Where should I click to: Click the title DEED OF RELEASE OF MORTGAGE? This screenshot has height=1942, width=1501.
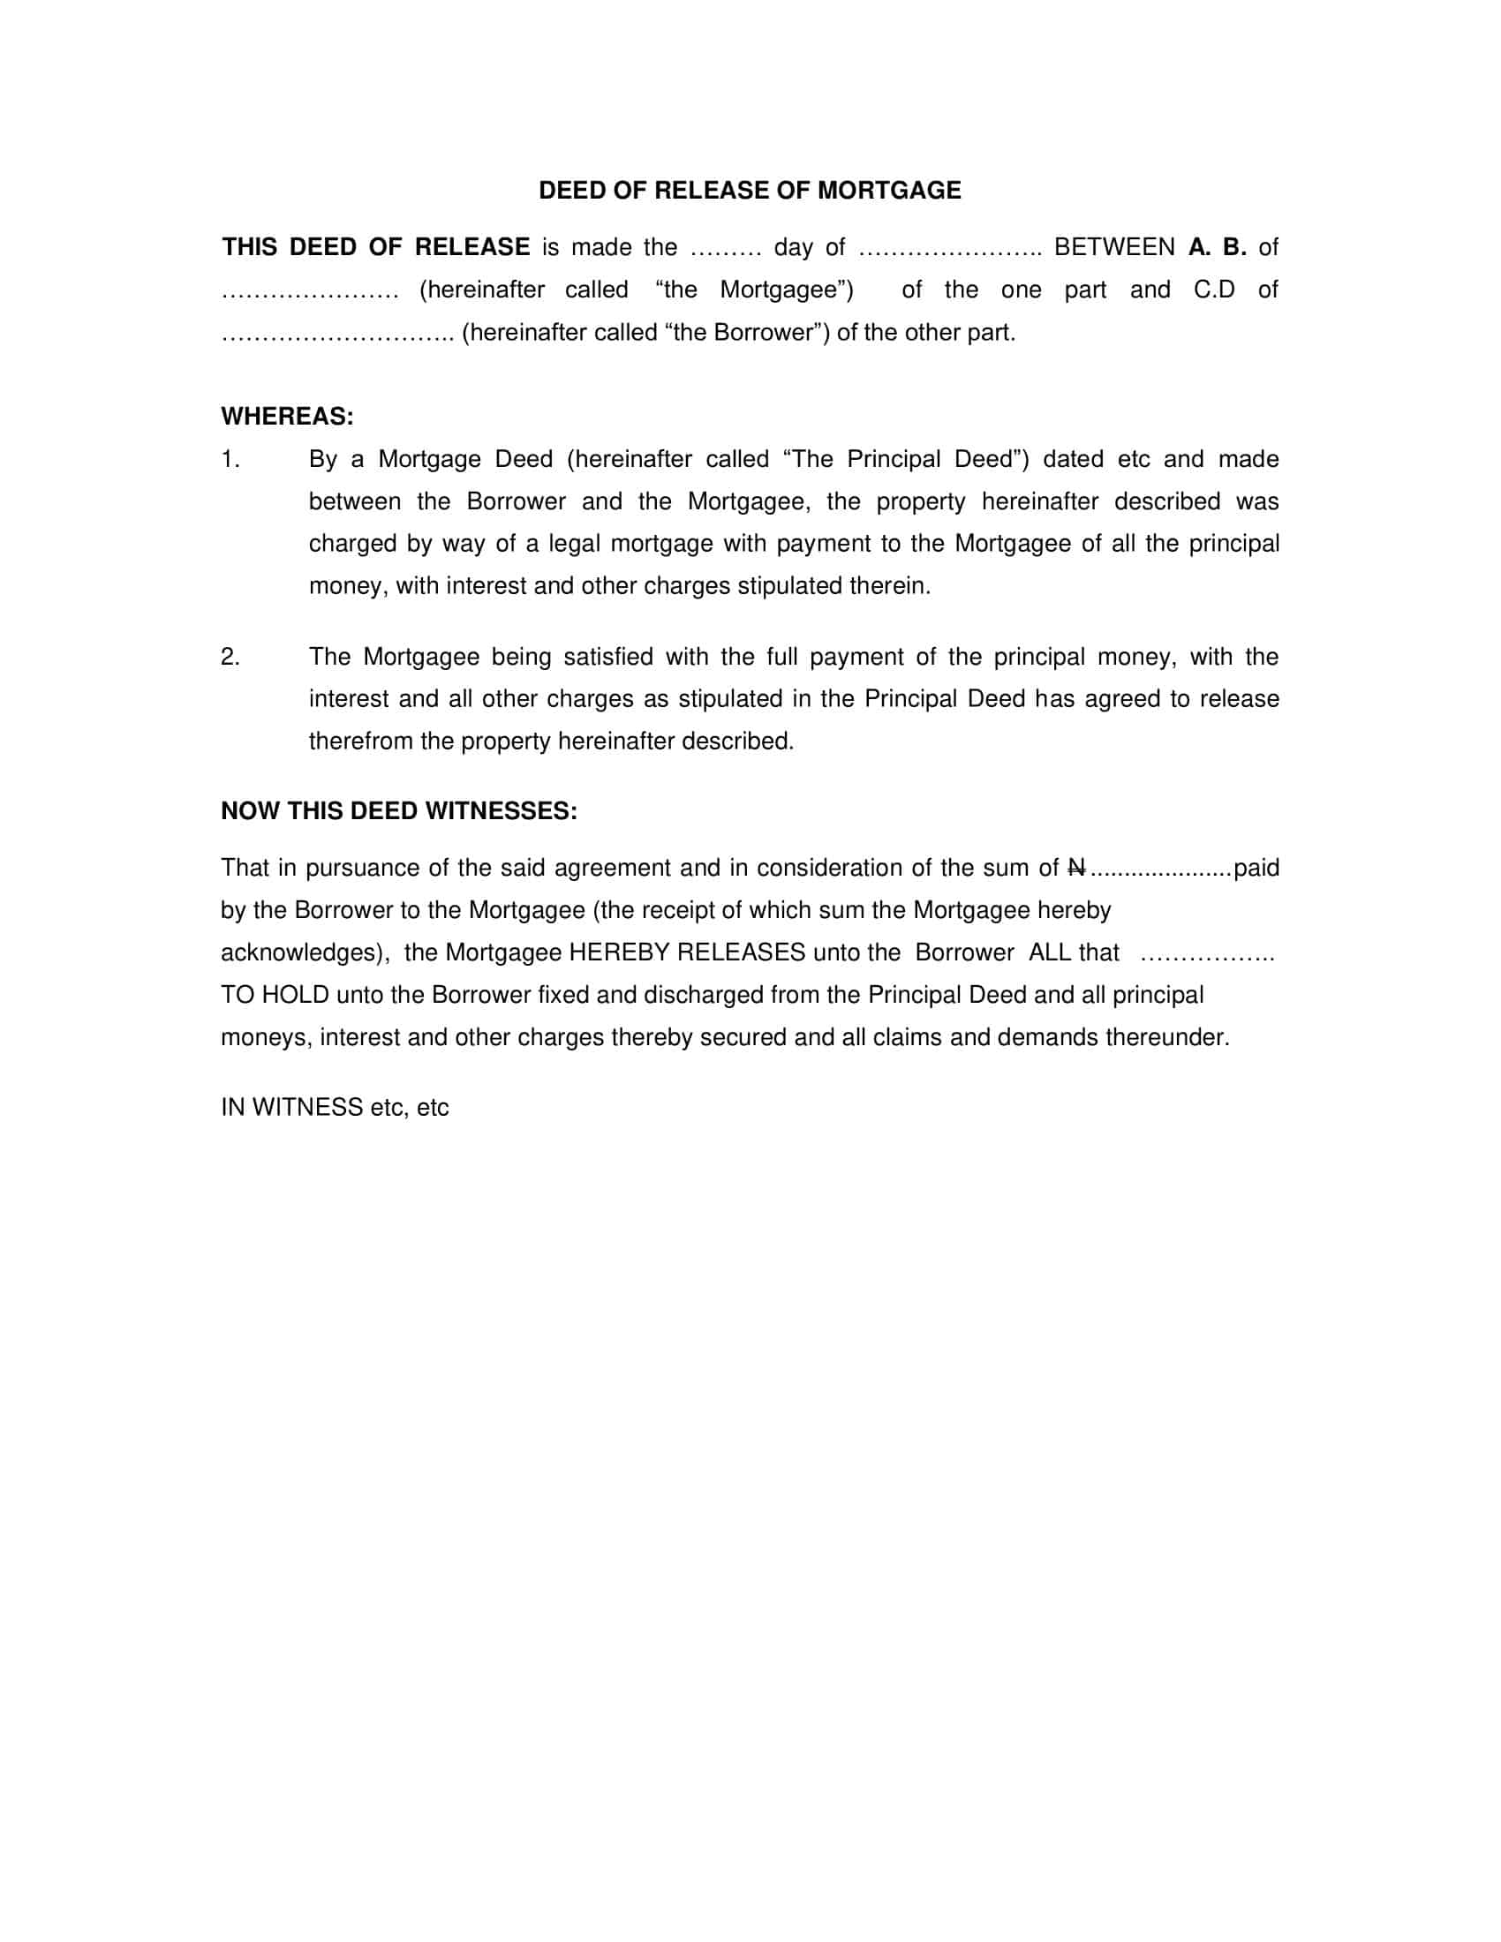tap(750, 191)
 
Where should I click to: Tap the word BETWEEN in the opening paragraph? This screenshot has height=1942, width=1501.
tap(1113, 247)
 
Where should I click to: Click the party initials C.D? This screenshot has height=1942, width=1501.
tap(1214, 290)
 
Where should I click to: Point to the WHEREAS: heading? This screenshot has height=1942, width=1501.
tap(286, 416)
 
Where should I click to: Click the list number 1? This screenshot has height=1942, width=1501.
tap(230, 460)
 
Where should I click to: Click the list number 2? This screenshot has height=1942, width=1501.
tap(230, 657)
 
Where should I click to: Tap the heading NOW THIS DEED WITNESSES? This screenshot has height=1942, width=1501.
tap(398, 811)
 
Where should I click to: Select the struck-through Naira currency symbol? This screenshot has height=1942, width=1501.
tap(1076, 868)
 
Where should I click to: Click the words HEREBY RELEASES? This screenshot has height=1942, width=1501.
tap(686, 952)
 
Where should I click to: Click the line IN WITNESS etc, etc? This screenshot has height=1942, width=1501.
tap(335, 1108)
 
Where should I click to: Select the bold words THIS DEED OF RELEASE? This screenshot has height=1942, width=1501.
tap(375, 247)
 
